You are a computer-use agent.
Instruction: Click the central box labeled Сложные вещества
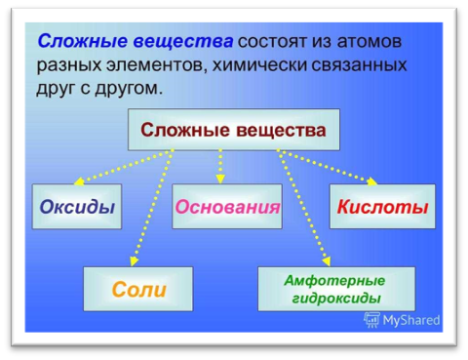(x=234, y=131)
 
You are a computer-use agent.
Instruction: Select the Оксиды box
(x=77, y=207)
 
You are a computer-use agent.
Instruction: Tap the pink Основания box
(x=227, y=207)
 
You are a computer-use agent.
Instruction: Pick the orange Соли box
(x=138, y=289)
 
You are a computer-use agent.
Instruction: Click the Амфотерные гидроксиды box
(x=334, y=289)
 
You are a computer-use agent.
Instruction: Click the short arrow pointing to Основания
(x=221, y=166)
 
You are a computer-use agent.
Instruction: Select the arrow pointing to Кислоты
(x=327, y=166)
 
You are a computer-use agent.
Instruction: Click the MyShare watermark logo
(x=401, y=319)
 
